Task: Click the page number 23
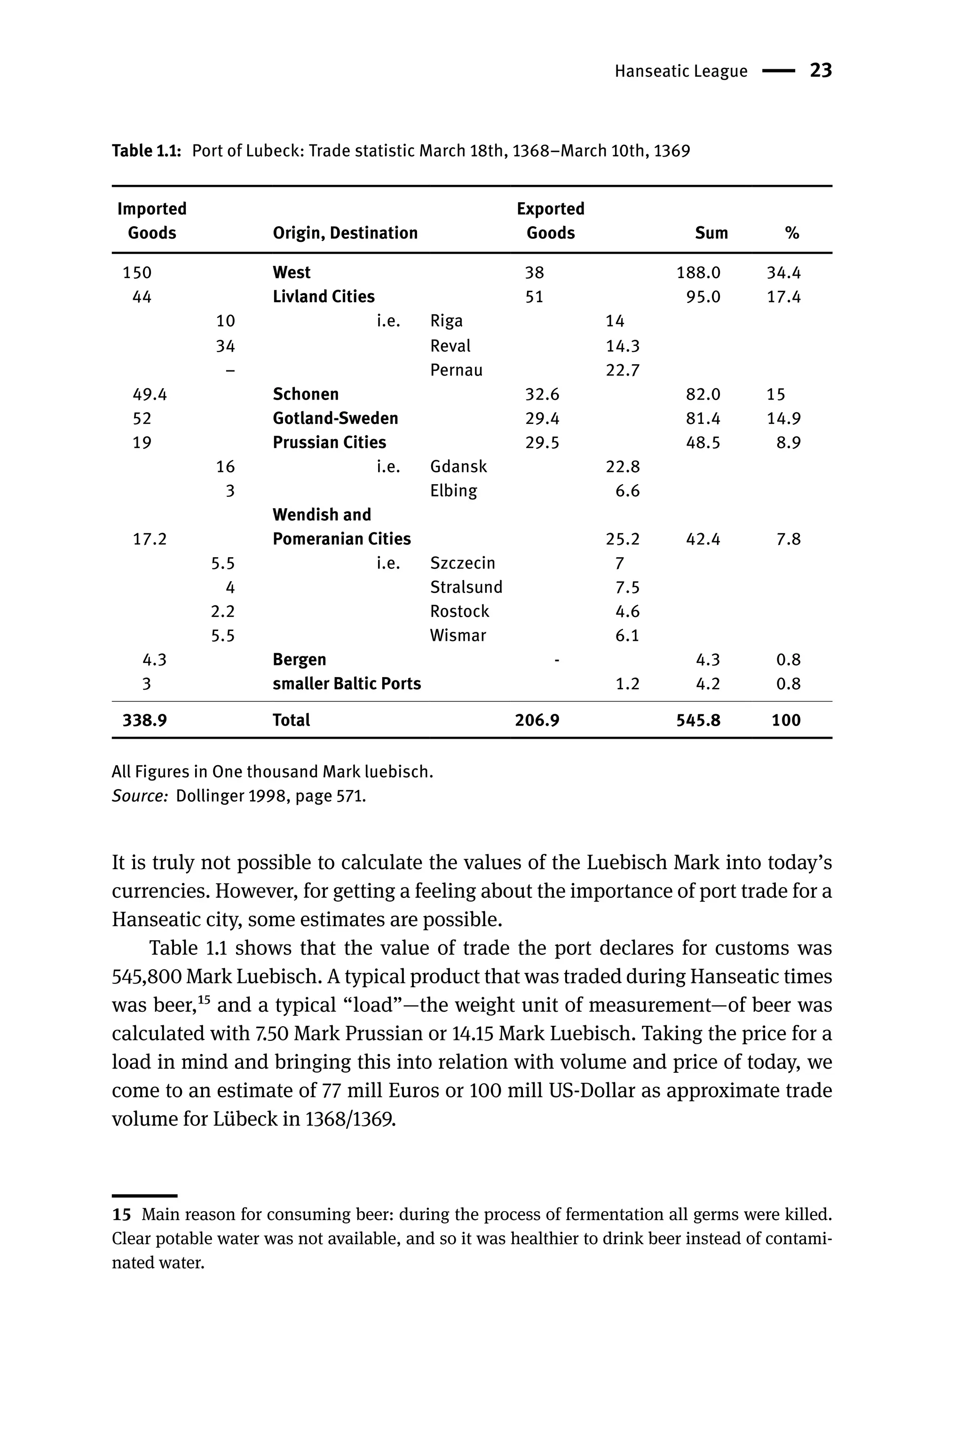pyautogui.click(x=821, y=71)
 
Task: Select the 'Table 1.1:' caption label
pyautogui.click(x=146, y=151)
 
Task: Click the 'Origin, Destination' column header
pyautogui.click(x=345, y=233)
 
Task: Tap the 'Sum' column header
pyautogui.click(x=711, y=233)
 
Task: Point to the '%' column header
pyautogui.click(x=792, y=233)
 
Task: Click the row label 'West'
pyautogui.click(x=292, y=272)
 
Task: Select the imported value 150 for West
pyautogui.click(x=137, y=272)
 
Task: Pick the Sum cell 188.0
pyautogui.click(x=698, y=272)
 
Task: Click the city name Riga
pyautogui.click(x=447, y=321)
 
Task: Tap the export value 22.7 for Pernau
pyautogui.click(x=623, y=370)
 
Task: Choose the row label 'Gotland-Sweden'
pyautogui.click(x=335, y=418)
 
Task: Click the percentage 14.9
pyautogui.click(x=784, y=418)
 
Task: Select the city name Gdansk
pyautogui.click(x=458, y=466)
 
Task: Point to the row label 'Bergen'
pyautogui.click(x=299, y=659)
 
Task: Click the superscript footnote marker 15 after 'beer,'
pyautogui.click(x=205, y=1000)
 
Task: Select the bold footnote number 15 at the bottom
pyautogui.click(x=122, y=1214)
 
